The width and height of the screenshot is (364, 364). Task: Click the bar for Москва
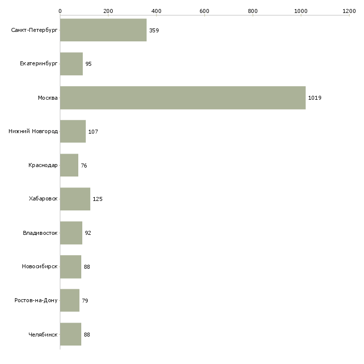pyautogui.click(x=182, y=98)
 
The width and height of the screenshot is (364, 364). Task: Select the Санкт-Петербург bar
pyautogui.click(x=103, y=30)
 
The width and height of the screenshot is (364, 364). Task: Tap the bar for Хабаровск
pyautogui.click(x=75, y=199)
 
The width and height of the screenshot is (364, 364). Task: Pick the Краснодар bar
pyautogui.click(x=69, y=165)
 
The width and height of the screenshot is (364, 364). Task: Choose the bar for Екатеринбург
pyautogui.click(x=71, y=64)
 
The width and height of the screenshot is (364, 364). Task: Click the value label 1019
pyautogui.click(x=315, y=98)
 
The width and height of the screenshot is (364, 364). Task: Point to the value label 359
pyautogui.click(x=154, y=30)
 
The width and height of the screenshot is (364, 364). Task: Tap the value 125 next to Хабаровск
pyautogui.click(x=97, y=199)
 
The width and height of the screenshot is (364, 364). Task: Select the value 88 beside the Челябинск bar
pyautogui.click(x=87, y=334)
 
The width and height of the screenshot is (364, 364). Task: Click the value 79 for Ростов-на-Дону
pyautogui.click(x=85, y=301)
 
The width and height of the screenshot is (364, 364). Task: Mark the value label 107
pyautogui.click(x=93, y=132)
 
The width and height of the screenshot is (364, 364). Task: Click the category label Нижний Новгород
pyautogui.click(x=33, y=132)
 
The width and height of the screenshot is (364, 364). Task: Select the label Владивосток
pyautogui.click(x=40, y=233)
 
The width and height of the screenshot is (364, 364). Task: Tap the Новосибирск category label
pyautogui.click(x=40, y=267)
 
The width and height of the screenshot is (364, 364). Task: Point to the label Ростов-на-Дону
pyautogui.click(x=36, y=301)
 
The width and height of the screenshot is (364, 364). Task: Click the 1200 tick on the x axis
pyautogui.click(x=349, y=10)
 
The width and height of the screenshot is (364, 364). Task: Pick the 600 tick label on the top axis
pyautogui.click(x=204, y=10)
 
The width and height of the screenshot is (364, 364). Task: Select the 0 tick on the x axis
pyautogui.click(x=60, y=10)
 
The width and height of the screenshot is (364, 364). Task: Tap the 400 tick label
pyautogui.click(x=156, y=10)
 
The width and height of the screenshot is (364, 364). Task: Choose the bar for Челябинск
pyautogui.click(x=70, y=334)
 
